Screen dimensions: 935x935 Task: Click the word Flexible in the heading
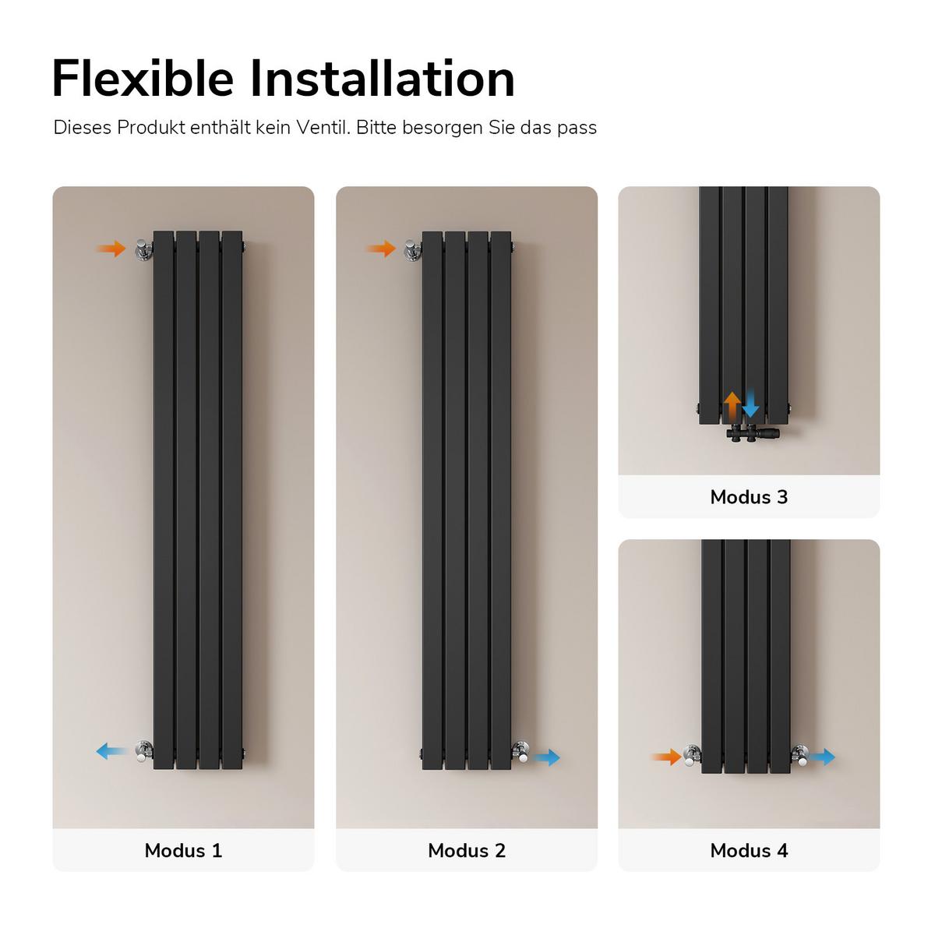pyautogui.click(x=143, y=79)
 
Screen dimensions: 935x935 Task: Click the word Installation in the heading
pyautogui.click(x=383, y=79)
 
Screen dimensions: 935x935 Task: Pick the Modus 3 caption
pyautogui.click(x=749, y=496)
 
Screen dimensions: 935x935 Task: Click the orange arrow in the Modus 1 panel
pyautogui.click(x=111, y=249)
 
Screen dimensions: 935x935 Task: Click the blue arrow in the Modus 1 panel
pyautogui.click(x=112, y=751)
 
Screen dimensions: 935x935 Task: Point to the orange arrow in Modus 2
pyautogui.click(x=381, y=249)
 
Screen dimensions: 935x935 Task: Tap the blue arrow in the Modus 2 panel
pyautogui.click(x=546, y=757)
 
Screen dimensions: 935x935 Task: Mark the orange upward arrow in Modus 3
pyautogui.click(x=732, y=406)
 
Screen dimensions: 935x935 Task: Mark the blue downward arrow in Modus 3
pyautogui.click(x=750, y=403)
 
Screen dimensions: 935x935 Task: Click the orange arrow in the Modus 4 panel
pyautogui.click(x=665, y=757)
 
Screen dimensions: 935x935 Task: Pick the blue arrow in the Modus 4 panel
pyautogui.click(x=821, y=757)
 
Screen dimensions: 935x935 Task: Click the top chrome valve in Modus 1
pyautogui.click(x=143, y=250)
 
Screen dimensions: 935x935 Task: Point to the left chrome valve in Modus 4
pyautogui.click(x=692, y=756)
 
